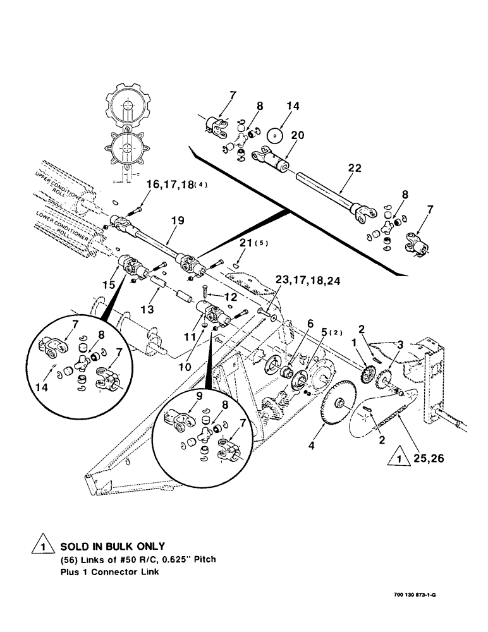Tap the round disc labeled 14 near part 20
pos(275,137)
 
